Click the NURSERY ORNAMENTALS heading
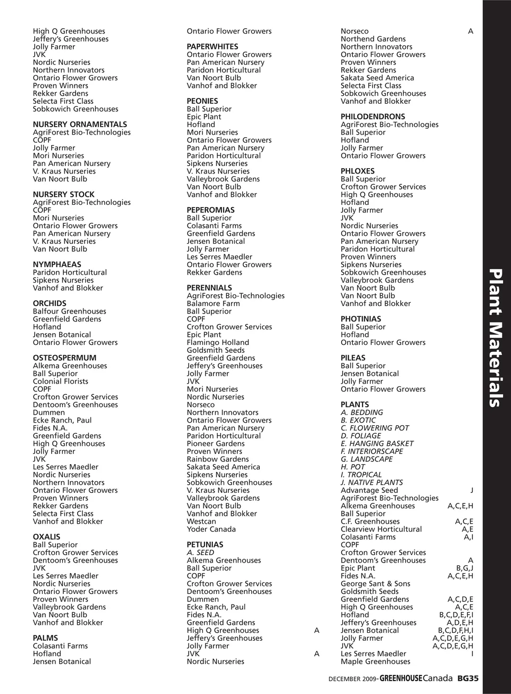tap(80, 125)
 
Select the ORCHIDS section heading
tap(50, 303)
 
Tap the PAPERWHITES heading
tap(212, 47)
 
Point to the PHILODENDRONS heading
tap(373, 117)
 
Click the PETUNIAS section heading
tap(205, 545)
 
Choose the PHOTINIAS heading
tap(361, 319)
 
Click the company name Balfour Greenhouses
tap(69, 311)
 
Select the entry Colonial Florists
tap(61, 382)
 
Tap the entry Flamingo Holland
tap(218, 343)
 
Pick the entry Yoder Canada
tap(211, 530)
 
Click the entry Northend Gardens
tap(373, 39)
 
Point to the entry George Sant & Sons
tap(375, 584)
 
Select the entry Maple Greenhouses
tap(375, 662)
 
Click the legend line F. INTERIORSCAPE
tap(372, 451)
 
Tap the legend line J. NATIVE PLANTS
tap(372, 483)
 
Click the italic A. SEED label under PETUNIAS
tap(200, 552)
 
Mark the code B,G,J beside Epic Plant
tap(464, 568)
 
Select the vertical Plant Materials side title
tap(496, 338)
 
